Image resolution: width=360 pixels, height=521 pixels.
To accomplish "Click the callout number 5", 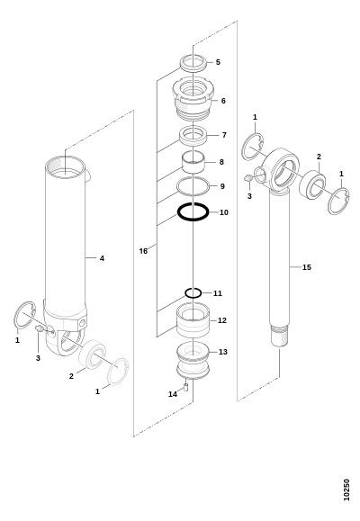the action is (x=218, y=62).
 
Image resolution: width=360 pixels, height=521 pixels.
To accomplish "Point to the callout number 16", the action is (x=143, y=251).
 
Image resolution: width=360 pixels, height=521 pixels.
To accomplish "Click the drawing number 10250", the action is (x=346, y=490).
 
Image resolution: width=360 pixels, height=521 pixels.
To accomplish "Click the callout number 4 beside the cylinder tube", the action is (x=102, y=258).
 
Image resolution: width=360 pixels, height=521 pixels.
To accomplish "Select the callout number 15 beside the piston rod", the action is (x=307, y=267).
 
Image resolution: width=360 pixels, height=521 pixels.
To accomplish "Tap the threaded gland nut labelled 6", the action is (x=193, y=97).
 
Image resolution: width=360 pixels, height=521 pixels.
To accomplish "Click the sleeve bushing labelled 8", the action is (x=193, y=162).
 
